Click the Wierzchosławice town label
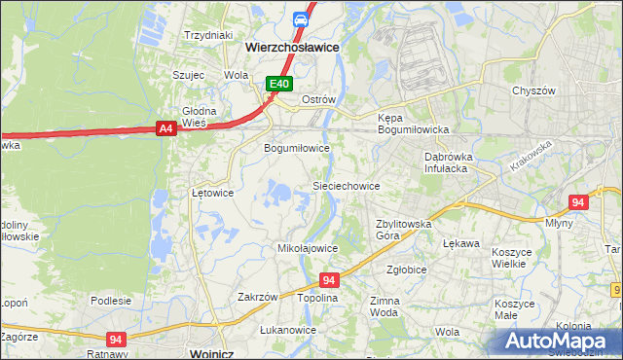pyautogui.click(x=291, y=45)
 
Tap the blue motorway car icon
pyautogui.click(x=302, y=19)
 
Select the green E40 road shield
pyautogui.click(x=279, y=85)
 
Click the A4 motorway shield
pyautogui.click(x=165, y=127)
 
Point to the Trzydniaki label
pyautogui.click(x=208, y=34)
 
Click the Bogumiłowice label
pyautogui.click(x=297, y=149)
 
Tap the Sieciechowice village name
pyautogui.click(x=345, y=185)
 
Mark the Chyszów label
pyautogui.click(x=532, y=90)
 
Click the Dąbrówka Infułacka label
pyautogui.click(x=448, y=162)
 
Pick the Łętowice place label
pyautogui.click(x=212, y=193)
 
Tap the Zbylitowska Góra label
pyautogui.click(x=403, y=229)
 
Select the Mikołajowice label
pyautogui.click(x=308, y=248)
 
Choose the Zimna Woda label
pyautogui.click(x=384, y=307)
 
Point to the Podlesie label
pyautogui.click(x=111, y=301)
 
